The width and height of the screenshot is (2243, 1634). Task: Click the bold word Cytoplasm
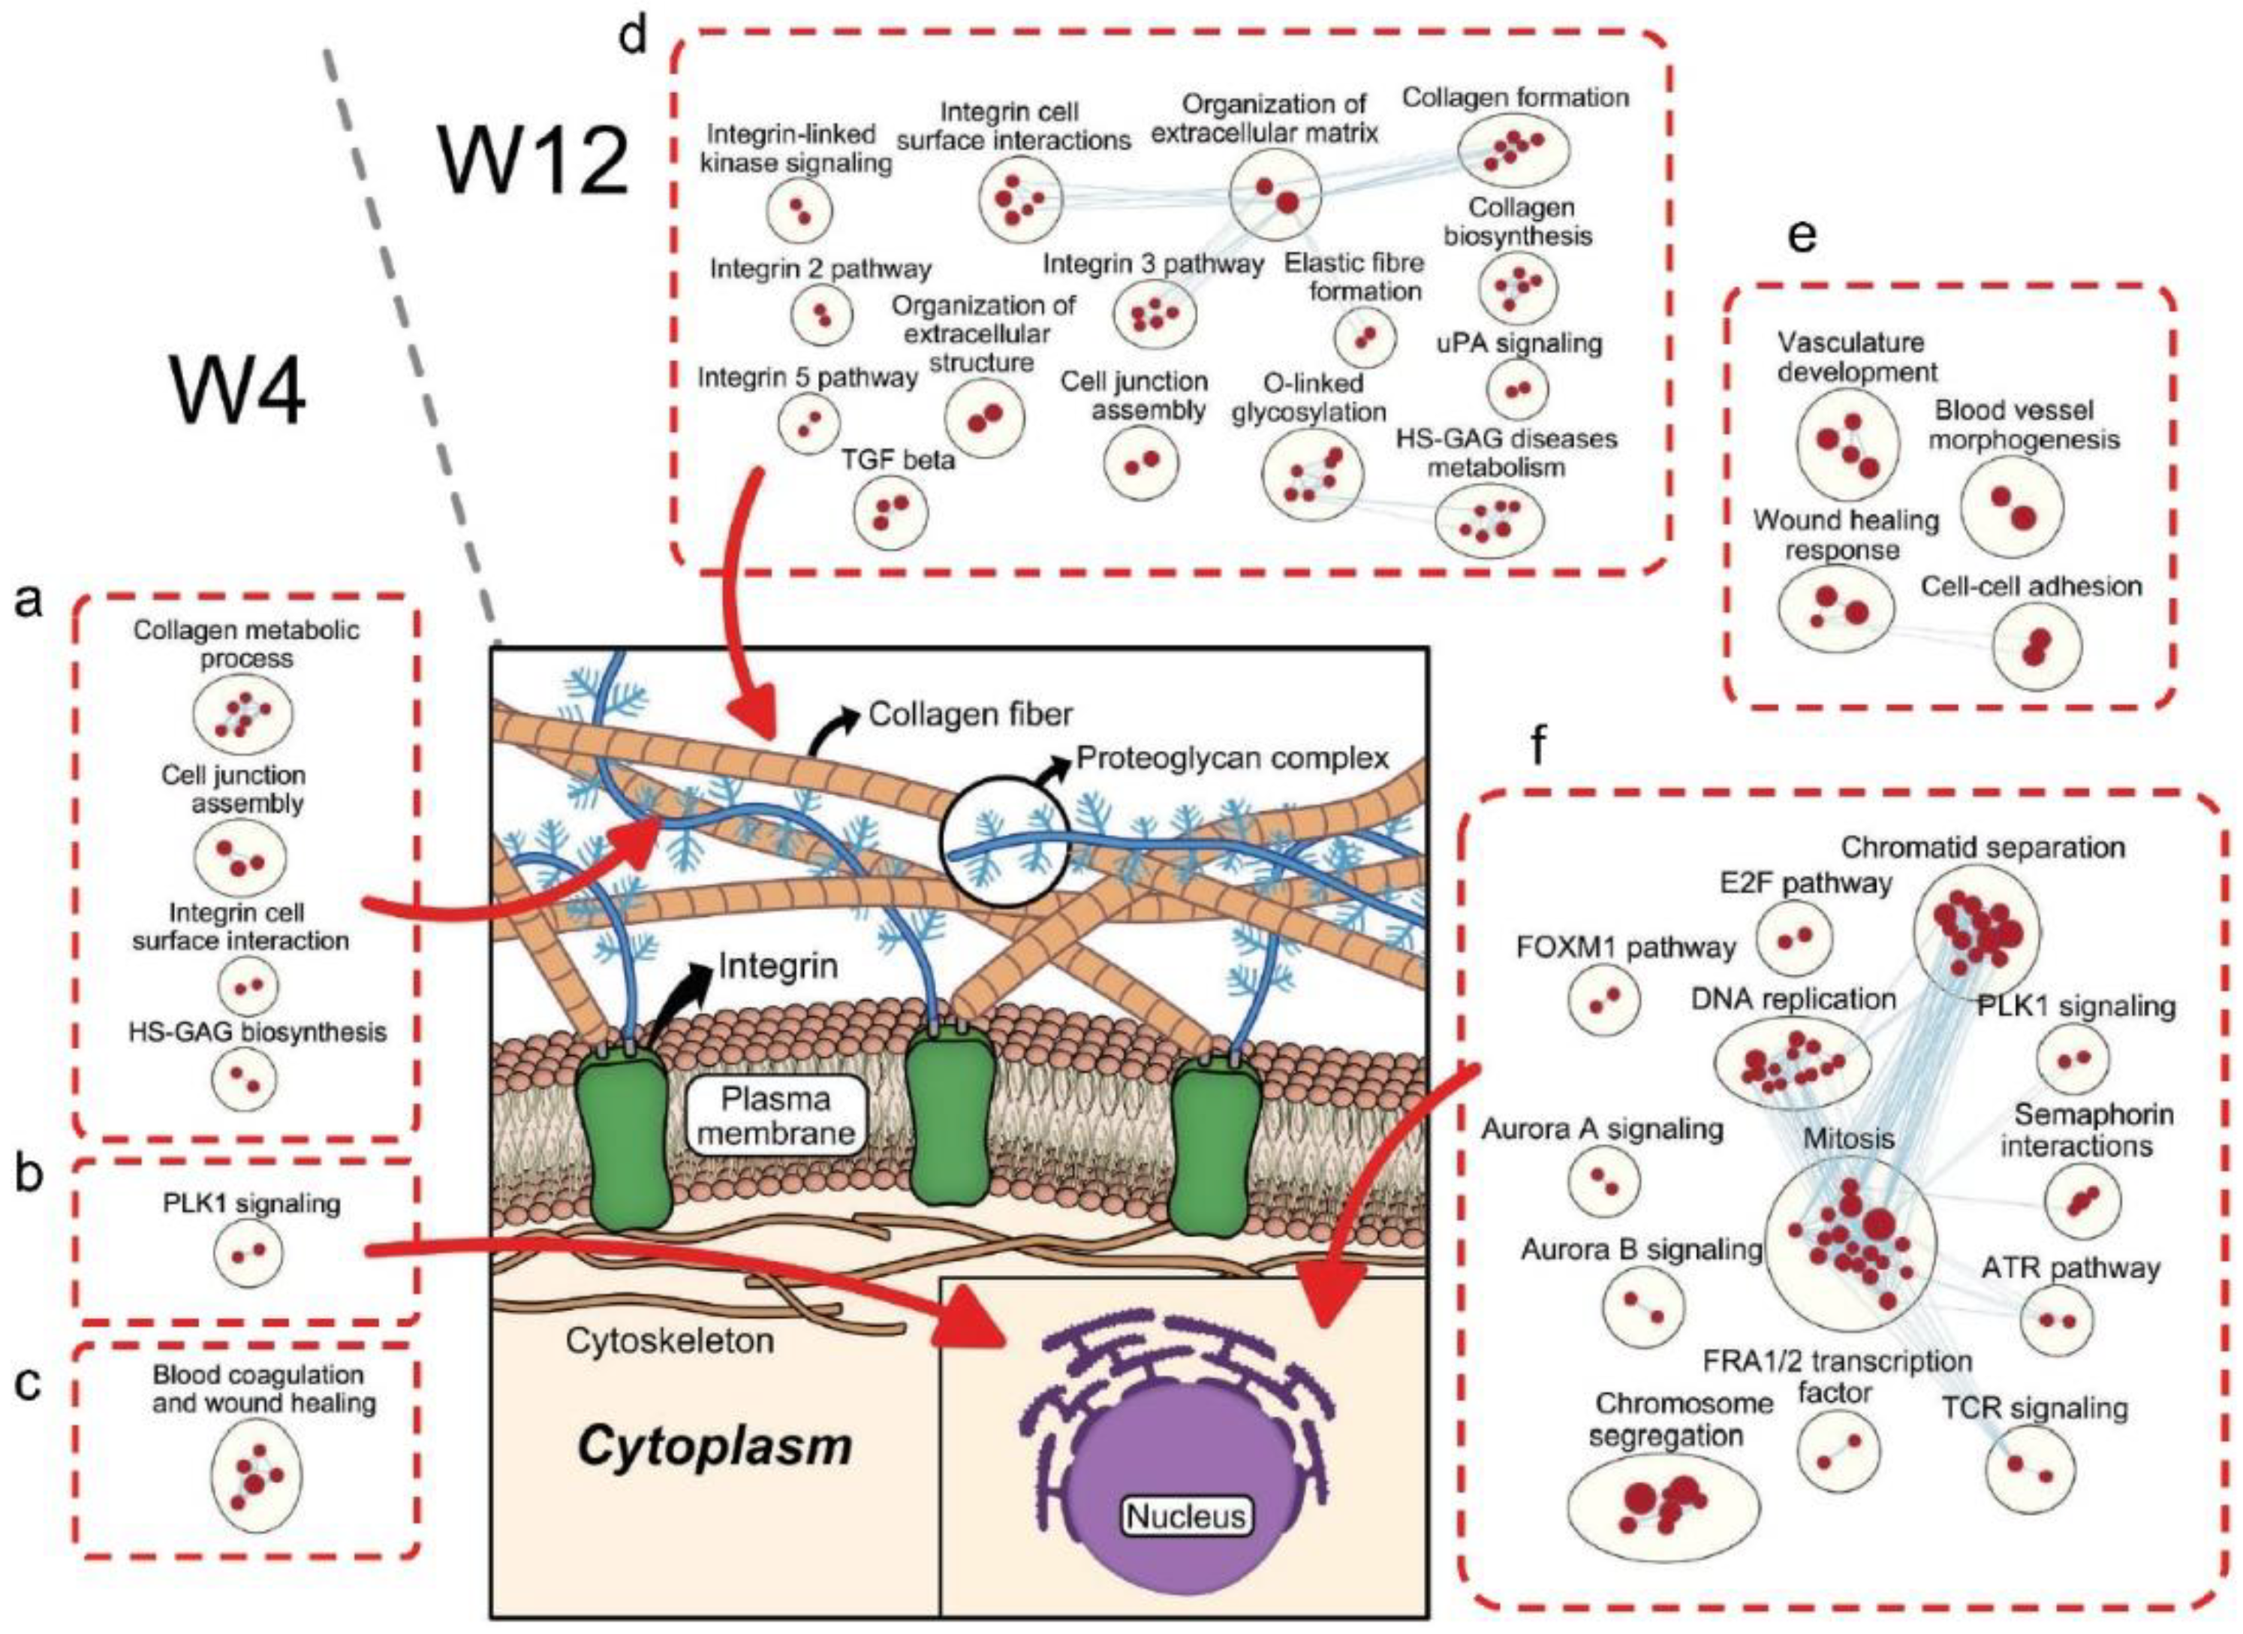pyautogui.click(x=714, y=1446)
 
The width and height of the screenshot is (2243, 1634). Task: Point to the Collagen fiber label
pyautogui.click(x=969, y=714)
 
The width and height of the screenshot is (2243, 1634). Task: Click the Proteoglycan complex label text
pyautogui.click(x=1233, y=758)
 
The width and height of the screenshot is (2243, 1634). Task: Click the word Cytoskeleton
pyautogui.click(x=670, y=1340)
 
